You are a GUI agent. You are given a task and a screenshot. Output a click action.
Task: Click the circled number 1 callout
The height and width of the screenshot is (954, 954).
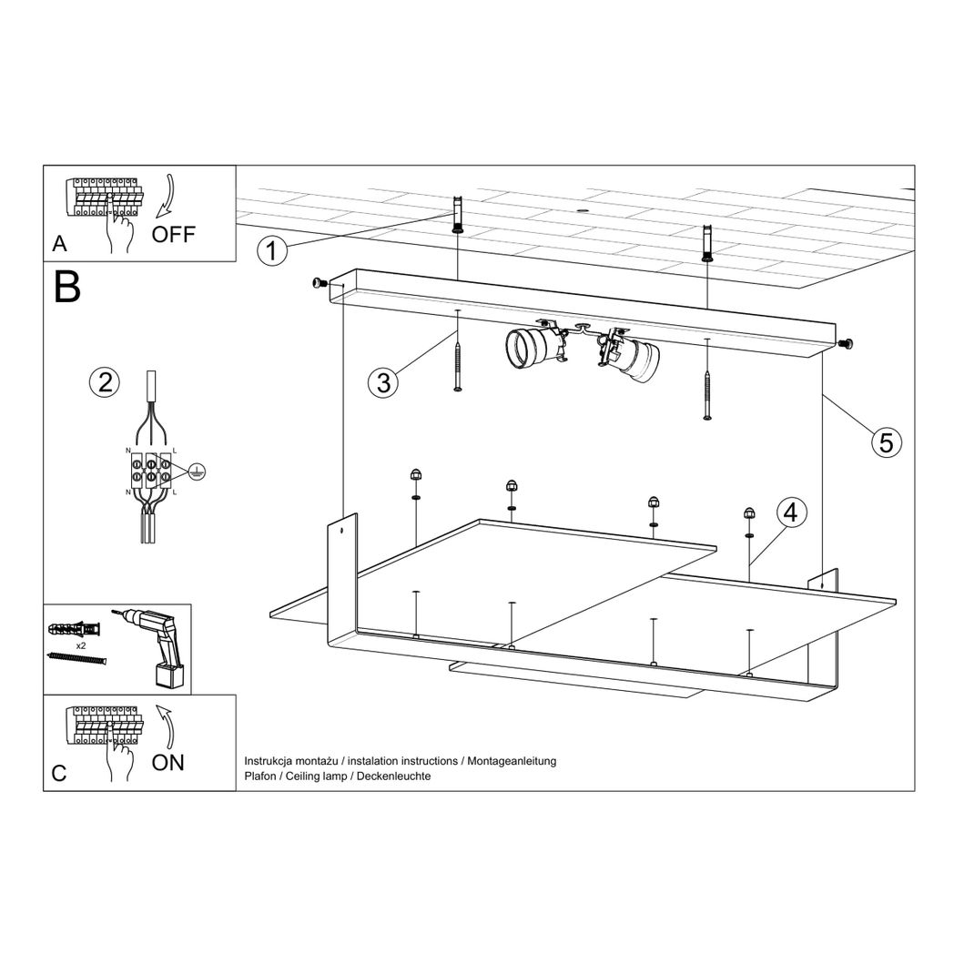pyautogui.click(x=271, y=249)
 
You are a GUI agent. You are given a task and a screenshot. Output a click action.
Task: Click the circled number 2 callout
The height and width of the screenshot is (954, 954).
pyautogui.click(x=106, y=381)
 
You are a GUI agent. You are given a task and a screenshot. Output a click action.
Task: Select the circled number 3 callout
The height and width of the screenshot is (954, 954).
pyautogui.click(x=383, y=383)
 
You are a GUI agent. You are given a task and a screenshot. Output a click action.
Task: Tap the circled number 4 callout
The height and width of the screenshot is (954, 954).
pyautogui.click(x=790, y=513)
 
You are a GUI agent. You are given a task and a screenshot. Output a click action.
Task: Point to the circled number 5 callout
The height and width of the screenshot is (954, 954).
pyautogui.click(x=886, y=442)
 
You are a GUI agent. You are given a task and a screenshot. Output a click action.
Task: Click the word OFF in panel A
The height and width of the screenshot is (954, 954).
pyautogui.click(x=173, y=234)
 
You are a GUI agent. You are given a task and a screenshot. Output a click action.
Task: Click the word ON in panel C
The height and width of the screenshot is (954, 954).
pyautogui.click(x=167, y=763)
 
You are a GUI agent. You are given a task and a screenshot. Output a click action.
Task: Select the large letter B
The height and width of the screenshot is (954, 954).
pyautogui.click(x=67, y=287)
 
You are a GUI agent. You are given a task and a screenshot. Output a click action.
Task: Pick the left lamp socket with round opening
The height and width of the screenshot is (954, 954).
pyautogui.click(x=530, y=347)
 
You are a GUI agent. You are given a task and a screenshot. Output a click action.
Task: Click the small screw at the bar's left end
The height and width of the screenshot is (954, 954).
pyautogui.click(x=320, y=284)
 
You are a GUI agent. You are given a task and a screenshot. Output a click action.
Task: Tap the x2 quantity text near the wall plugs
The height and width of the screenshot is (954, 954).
pyautogui.click(x=80, y=644)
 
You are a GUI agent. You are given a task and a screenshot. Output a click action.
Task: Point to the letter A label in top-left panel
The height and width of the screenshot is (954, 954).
pyautogui.click(x=59, y=244)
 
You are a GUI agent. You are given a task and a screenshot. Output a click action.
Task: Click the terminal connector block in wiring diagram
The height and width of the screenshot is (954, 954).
pyautogui.click(x=149, y=471)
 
